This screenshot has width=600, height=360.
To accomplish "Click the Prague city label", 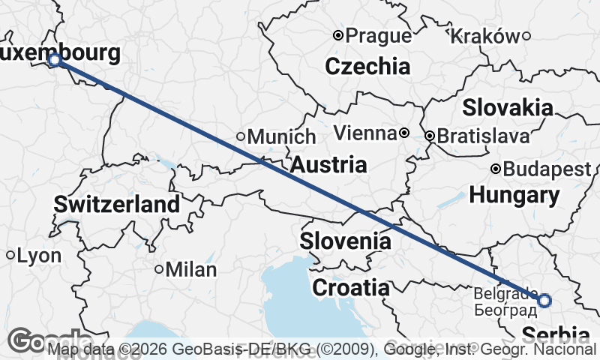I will (379, 35).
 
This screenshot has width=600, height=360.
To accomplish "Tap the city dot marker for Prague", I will (338, 35).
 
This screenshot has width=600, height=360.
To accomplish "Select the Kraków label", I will (487, 35).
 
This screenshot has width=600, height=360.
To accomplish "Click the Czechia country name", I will (367, 66).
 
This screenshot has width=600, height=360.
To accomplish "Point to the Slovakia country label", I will (507, 107).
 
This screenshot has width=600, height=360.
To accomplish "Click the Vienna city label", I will (364, 133).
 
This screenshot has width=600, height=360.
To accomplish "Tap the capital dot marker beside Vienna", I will (404, 133).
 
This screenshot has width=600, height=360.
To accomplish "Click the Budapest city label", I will (547, 169).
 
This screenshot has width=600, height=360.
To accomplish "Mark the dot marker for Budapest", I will (496, 169).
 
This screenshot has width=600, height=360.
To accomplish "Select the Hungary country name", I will (514, 196).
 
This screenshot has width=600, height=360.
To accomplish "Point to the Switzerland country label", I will (116, 203).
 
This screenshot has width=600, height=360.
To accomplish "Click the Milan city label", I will (190, 269).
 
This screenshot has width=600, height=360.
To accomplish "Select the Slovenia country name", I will (345, 241).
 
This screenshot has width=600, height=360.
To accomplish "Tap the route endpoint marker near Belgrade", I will (544, 301).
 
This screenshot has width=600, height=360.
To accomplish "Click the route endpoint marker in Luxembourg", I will (54, 59).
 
